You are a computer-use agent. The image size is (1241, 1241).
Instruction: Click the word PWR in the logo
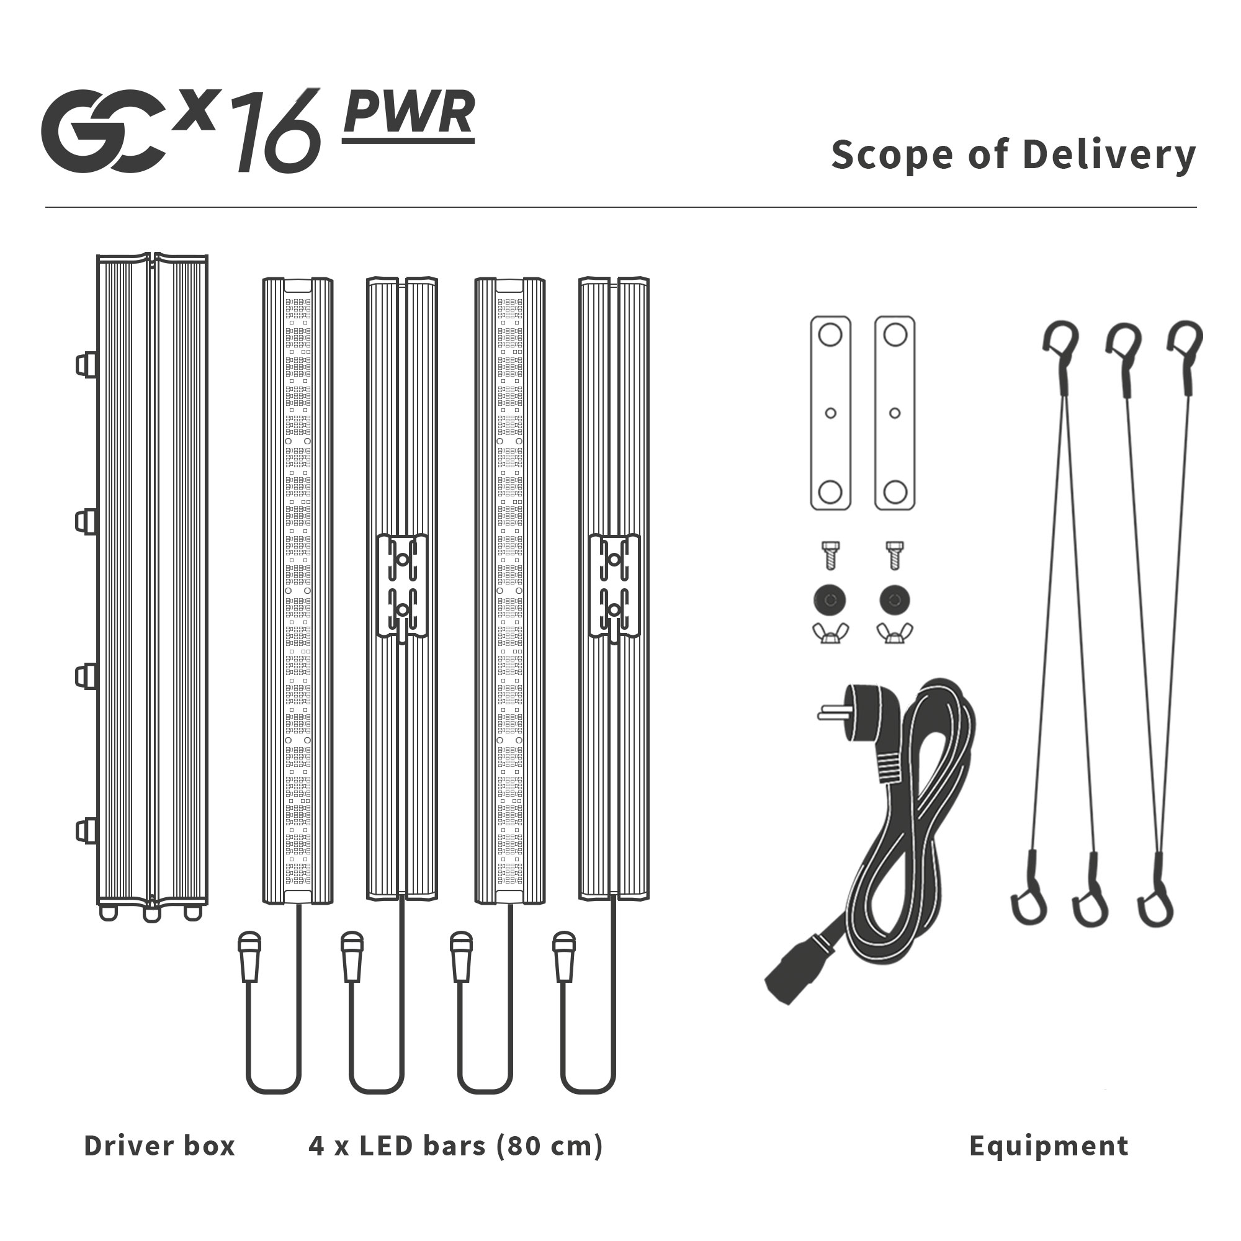408,113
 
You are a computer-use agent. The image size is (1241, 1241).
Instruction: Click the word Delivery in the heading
1109,155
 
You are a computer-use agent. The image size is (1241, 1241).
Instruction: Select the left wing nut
831,633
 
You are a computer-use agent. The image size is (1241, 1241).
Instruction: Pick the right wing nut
895,633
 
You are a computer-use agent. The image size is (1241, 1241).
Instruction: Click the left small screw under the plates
831,555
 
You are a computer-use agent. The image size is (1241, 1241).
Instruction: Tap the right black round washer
895,600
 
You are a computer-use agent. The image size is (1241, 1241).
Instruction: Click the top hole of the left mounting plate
831,334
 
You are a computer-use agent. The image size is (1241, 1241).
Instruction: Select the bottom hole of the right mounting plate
895,492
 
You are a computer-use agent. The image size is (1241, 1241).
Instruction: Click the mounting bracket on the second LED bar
402,585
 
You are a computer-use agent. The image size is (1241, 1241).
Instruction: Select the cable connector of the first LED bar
249,956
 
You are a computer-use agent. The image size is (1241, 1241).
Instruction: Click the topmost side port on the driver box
86,365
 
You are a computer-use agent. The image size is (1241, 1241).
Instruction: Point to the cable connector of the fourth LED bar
564,956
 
